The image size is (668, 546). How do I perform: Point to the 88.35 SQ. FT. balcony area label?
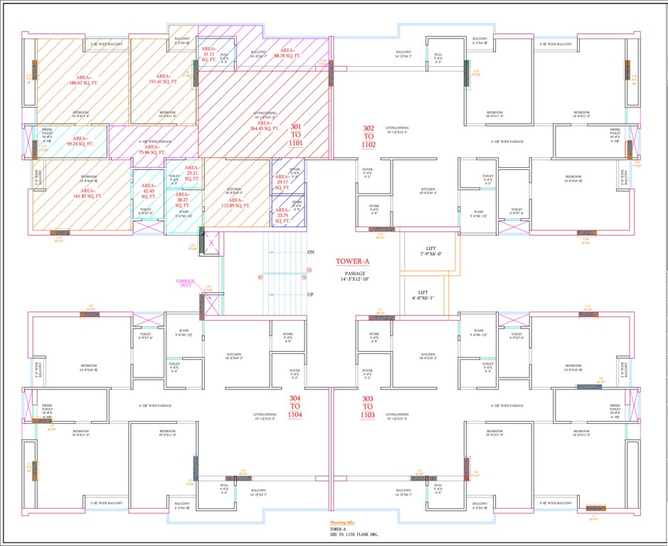287,53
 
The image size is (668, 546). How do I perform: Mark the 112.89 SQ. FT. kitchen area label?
236,201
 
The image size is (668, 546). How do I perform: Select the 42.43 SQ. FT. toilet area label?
148,189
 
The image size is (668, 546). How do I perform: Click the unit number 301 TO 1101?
297,134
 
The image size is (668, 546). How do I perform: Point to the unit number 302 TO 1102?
369,135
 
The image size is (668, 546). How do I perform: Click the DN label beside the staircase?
311,252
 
